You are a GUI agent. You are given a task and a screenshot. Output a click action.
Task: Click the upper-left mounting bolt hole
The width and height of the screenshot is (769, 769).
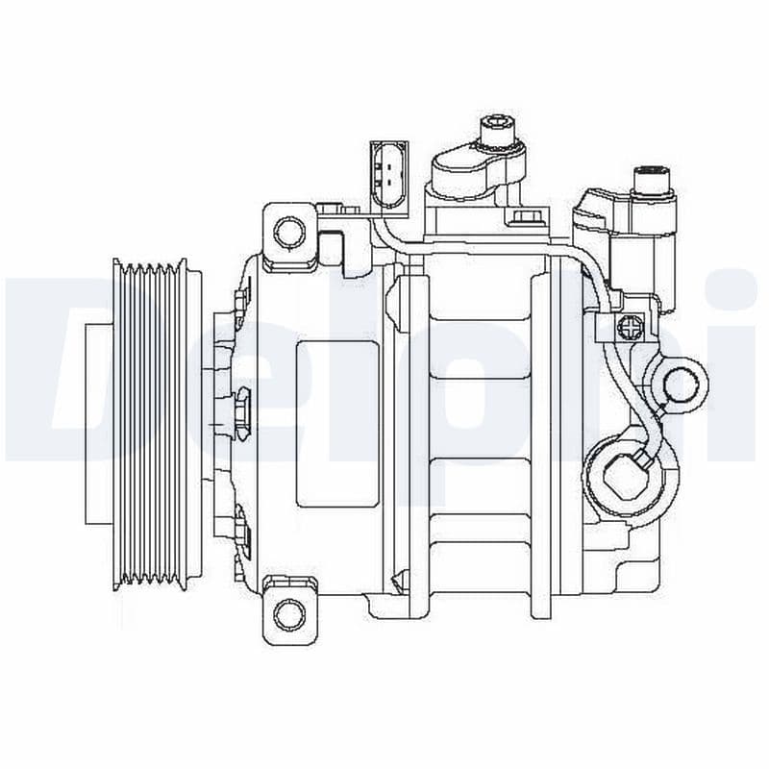288,231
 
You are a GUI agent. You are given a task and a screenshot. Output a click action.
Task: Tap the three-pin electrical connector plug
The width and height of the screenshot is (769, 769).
388,175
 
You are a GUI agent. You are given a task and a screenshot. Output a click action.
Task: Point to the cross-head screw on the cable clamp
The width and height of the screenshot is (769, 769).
632,327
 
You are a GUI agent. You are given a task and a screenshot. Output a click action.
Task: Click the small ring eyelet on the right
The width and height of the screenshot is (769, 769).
682,385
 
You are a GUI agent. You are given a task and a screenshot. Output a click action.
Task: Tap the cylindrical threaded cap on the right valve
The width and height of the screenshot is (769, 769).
654,183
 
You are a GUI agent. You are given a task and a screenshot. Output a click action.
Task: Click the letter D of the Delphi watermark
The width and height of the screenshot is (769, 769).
48,365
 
